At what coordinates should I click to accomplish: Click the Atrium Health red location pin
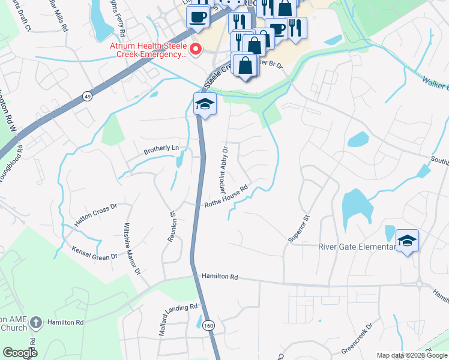click(x=194, y=49)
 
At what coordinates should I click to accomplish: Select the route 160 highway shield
click(x=208, y=325)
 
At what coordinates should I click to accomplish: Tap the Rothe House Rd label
click(x=226, y=197)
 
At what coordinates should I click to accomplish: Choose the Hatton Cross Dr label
click(x=95, y=216)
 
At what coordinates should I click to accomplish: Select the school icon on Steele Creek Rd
click(x=204, y=104)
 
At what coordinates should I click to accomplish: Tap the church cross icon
click(x=36, y=322)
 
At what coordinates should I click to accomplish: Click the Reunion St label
click(x=172, y=225)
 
